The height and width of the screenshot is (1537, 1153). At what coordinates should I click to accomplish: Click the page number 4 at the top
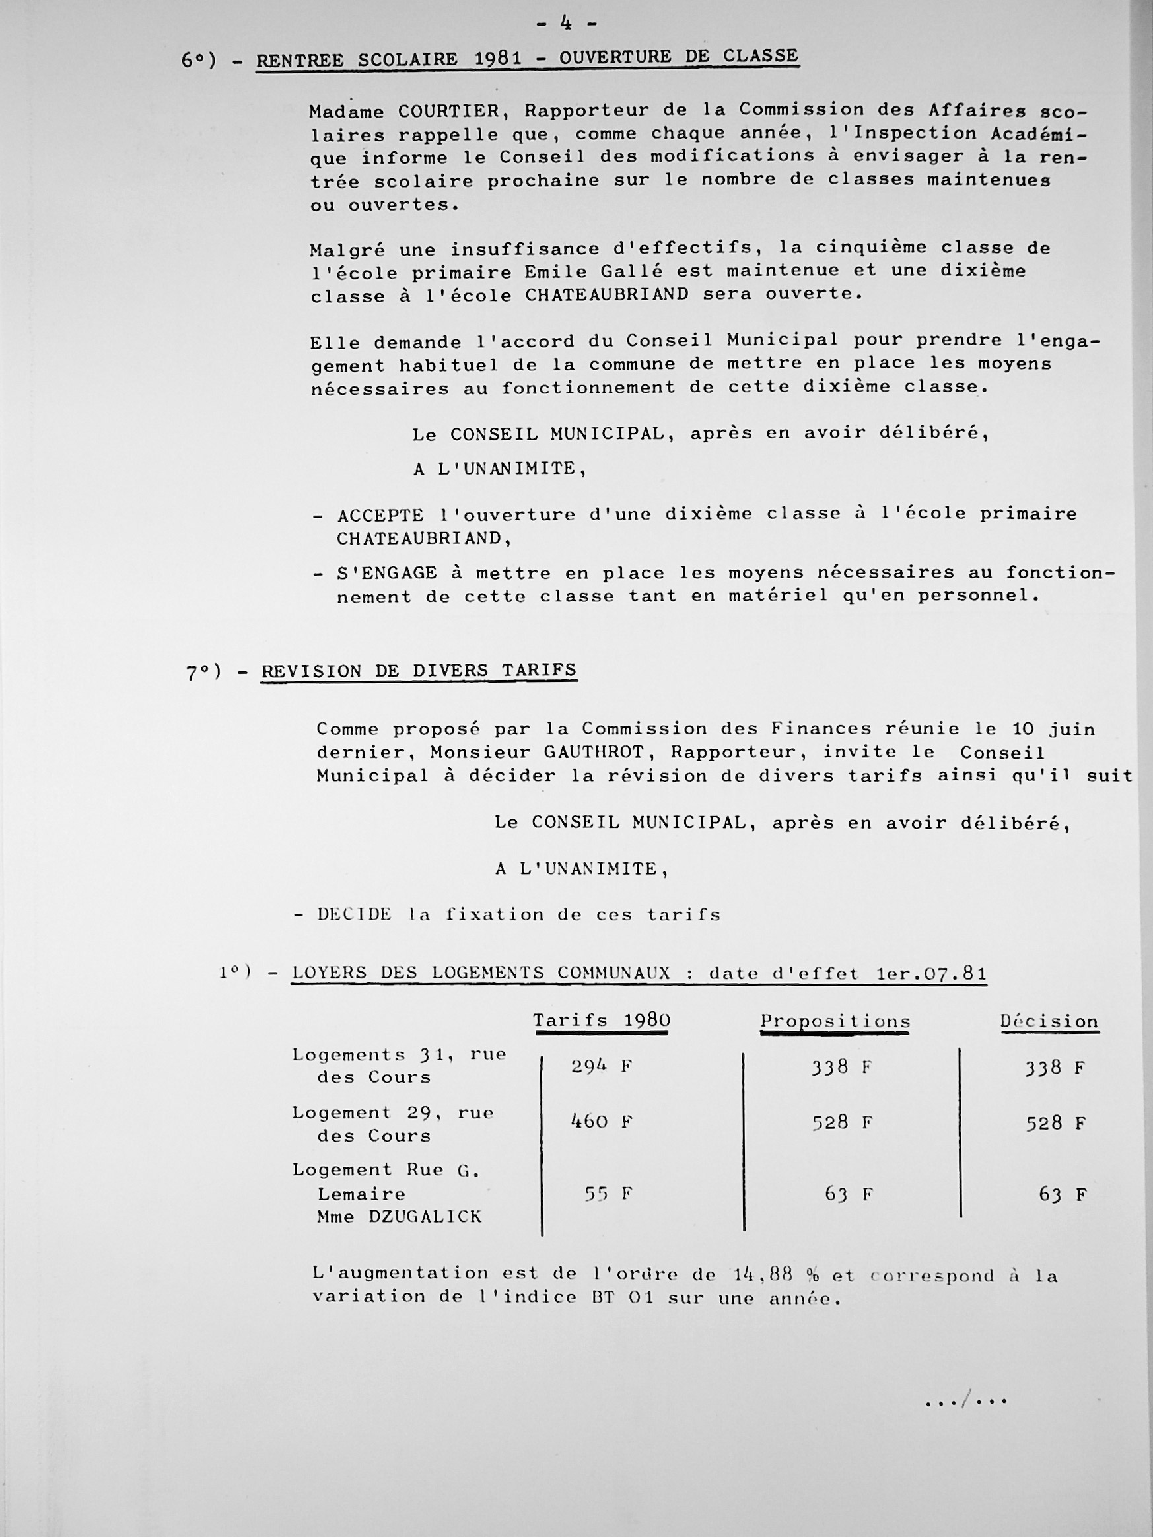tap(567, 24)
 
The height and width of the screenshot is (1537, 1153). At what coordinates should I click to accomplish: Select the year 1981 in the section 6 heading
tap(498, 58)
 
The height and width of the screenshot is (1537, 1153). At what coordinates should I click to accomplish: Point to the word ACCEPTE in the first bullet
tap(380, 516)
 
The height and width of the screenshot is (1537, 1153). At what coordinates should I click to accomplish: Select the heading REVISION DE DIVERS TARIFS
tap(419, 671)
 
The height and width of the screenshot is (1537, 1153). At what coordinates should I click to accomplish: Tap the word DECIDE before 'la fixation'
tap(355, 915)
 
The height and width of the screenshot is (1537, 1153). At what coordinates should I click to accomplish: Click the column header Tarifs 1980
tap(601, 1021)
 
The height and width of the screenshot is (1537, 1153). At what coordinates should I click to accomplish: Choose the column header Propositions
tap(835, 1022)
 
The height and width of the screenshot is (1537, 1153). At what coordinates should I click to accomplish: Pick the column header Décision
tap(1049, 1022)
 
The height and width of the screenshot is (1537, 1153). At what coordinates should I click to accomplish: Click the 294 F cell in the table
tap(601, 1066)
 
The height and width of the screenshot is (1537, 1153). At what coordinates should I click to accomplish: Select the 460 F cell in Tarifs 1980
tap(601, 1122)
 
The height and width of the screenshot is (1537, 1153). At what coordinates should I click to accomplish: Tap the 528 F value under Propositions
tap(843, 1123)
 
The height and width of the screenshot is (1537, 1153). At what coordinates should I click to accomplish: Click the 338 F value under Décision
tap(1055, 1068)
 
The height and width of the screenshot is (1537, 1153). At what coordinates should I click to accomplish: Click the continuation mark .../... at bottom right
tap(966, 1402)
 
